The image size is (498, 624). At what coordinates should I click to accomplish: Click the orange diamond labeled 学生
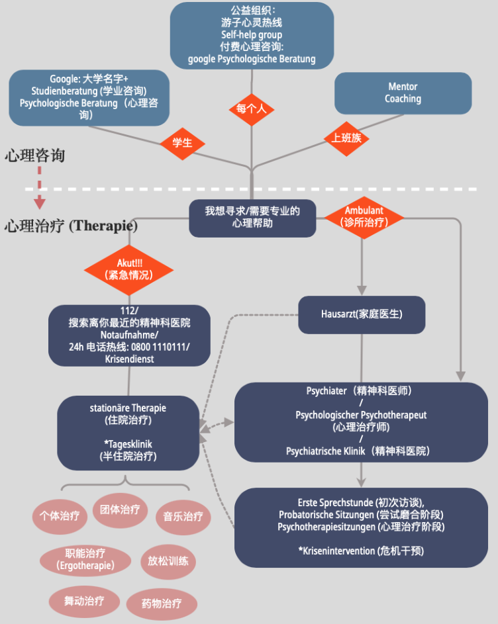182,143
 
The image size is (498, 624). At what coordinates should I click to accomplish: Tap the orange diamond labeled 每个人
251,109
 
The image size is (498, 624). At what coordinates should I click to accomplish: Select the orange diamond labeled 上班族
346,138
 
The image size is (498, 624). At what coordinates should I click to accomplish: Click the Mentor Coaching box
403,93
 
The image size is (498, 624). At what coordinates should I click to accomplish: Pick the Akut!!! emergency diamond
129,269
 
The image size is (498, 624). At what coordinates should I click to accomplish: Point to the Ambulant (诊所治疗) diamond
364,216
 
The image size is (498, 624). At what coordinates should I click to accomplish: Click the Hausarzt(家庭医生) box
361,314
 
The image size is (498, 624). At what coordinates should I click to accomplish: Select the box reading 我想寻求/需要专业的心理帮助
252,217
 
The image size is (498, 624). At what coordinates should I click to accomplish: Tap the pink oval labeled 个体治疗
60,515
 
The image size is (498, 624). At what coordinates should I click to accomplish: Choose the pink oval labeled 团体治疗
120,510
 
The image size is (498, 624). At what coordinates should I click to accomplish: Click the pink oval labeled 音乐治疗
183,516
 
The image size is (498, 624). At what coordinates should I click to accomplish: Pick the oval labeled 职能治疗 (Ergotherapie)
85,559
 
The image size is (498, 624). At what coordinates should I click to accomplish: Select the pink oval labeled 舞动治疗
83,601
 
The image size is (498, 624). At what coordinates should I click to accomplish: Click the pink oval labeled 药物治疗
161,603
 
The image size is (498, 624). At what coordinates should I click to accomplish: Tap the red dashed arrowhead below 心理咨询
40,202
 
